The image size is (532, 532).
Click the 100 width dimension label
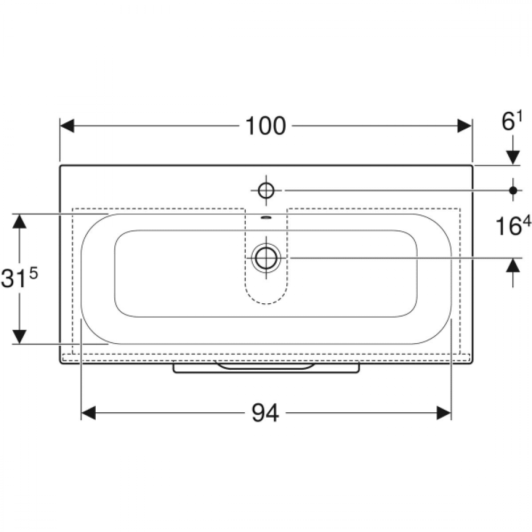265,126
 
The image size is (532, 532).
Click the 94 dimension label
265,413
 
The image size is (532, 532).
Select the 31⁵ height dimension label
19,277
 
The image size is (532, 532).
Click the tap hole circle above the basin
266,190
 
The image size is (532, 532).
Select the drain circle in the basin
267,258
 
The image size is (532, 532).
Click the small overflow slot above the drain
266,218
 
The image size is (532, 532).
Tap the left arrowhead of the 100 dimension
67,126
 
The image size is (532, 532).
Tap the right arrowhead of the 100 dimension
464,126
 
